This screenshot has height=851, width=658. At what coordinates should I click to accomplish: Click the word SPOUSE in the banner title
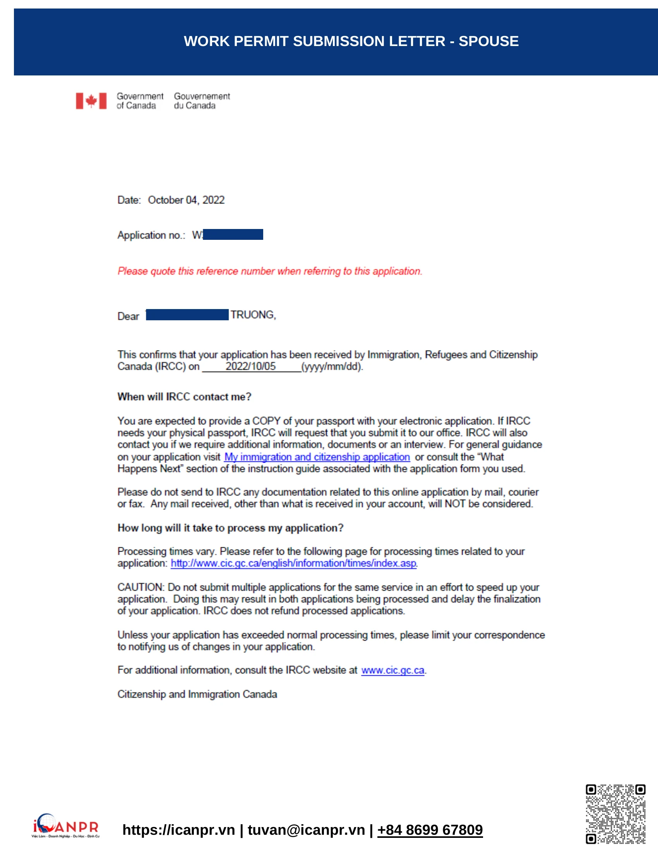488,41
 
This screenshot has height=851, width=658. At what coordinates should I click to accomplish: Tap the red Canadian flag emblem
91,101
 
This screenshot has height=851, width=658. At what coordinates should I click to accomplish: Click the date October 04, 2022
186,200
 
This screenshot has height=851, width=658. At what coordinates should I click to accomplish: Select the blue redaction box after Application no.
233,234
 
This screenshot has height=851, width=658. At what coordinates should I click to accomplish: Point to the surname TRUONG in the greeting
253,315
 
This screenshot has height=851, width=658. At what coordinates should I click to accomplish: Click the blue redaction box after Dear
187,315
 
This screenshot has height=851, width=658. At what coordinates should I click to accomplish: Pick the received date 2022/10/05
250,367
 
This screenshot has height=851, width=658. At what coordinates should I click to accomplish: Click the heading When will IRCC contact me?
184,397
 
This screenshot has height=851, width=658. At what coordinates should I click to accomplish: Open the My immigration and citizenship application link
317,457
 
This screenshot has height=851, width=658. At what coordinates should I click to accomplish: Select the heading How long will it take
230,528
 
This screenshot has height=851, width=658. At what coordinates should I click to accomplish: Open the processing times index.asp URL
293,564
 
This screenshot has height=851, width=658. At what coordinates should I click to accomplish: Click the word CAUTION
141,588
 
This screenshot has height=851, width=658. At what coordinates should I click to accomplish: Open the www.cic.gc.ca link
392,670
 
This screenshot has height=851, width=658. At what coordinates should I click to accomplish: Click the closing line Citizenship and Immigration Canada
197,694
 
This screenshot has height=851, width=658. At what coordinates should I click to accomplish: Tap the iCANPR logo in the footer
65,825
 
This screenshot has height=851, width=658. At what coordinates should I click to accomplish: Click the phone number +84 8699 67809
430,830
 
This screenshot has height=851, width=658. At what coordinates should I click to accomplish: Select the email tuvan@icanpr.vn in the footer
306,830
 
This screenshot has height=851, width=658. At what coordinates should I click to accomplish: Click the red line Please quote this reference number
270,271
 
